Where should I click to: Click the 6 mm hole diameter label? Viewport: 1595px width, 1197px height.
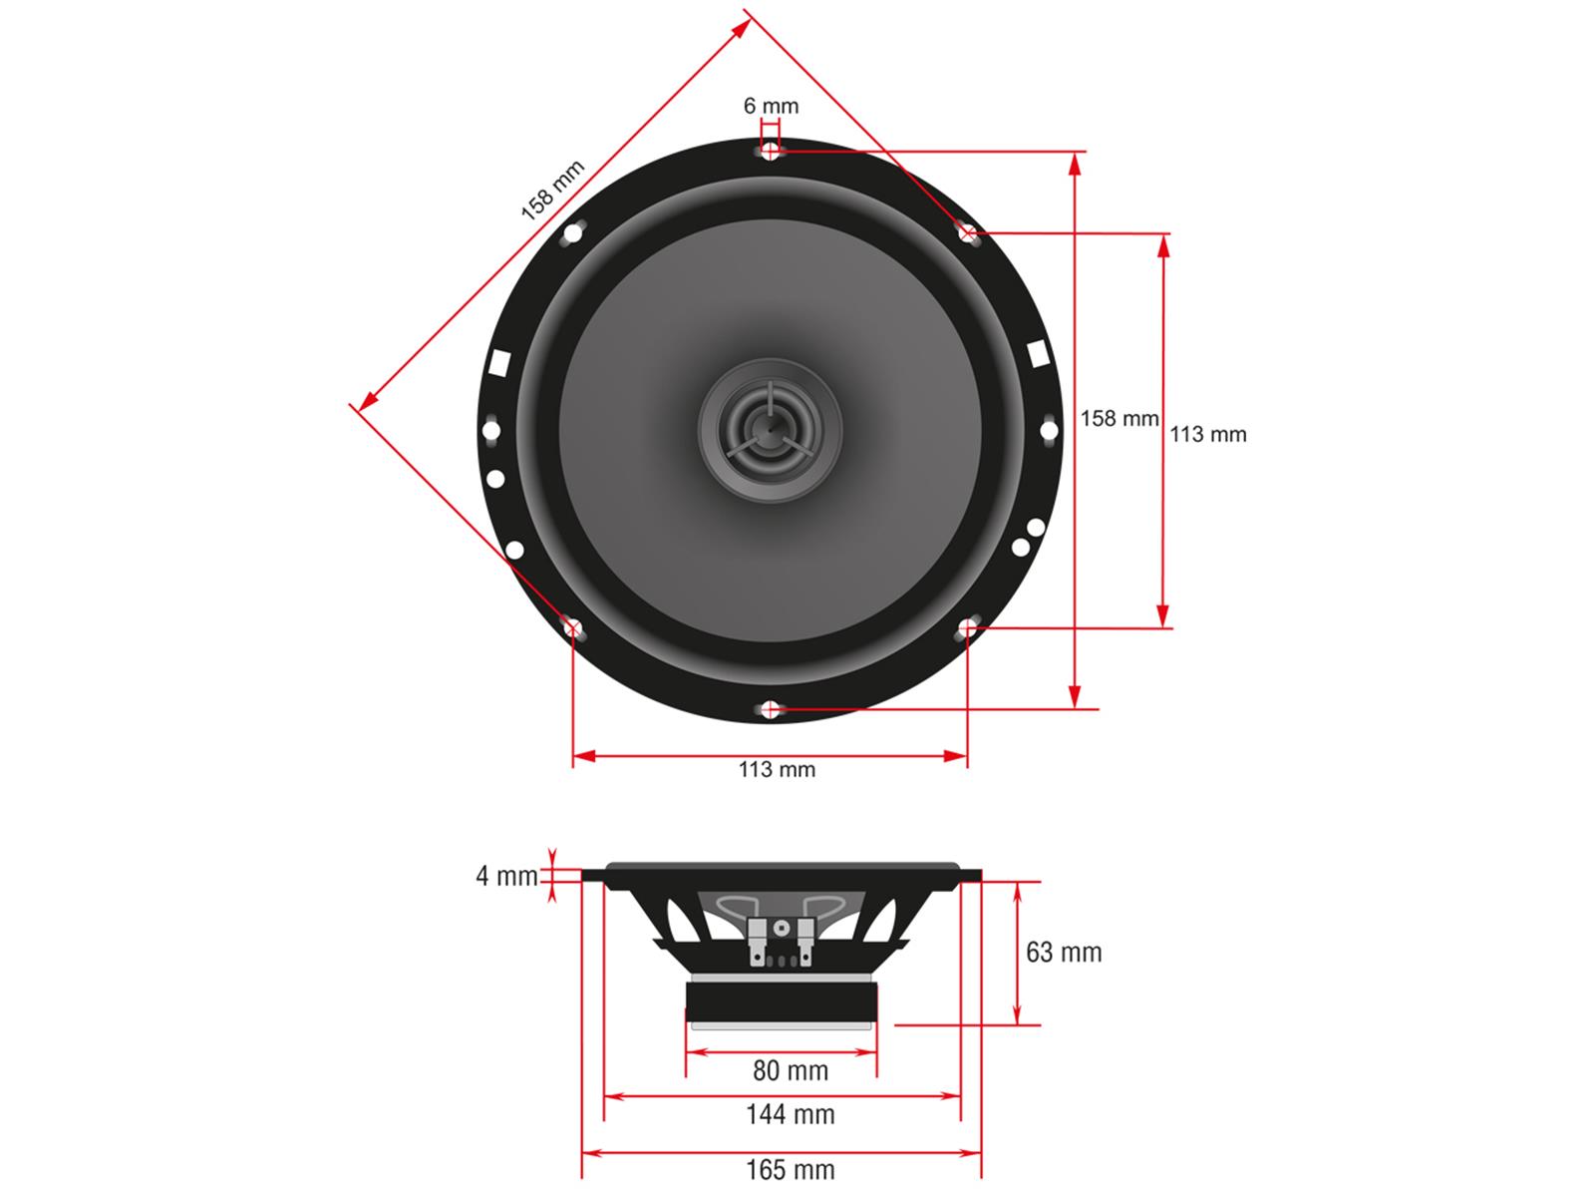pyautogui.click(x=771, y=106)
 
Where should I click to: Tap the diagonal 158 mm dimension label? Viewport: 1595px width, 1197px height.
pyautogui.click(x=553, y=190)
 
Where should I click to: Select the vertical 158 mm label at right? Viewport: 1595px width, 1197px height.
pyautogui.click(x=1119, y=418)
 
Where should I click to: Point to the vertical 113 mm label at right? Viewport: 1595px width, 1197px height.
pyautogui.click(x=1207, y=435)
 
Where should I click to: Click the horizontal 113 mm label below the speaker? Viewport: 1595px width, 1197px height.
pyautogui.click(x=777, y=769)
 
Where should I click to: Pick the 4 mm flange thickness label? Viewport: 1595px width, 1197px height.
pyautogui.click(x=506, y=876)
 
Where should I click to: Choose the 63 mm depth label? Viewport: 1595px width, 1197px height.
pyautogui.click(x=1064, y=952)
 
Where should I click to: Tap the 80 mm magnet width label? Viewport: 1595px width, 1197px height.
pyautogui.click(x=791, y=1070)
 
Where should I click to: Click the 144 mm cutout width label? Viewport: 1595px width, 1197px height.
pyautogui.click(x=791, y=1114)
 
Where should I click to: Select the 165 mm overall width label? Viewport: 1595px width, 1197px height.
pyautogui.click(x=791, y=1170)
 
